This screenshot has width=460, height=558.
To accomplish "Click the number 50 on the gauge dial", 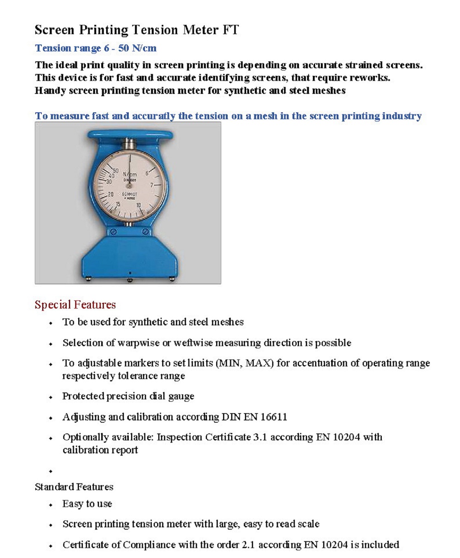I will (115, 171).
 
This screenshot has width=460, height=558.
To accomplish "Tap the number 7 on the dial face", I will (151, 185).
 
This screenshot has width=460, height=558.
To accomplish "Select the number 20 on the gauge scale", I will (110, 195).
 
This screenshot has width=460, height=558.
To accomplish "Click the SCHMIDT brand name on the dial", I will (130, 195).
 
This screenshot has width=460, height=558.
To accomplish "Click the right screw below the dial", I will (145, 231).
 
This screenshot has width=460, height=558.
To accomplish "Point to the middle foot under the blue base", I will (130, 280).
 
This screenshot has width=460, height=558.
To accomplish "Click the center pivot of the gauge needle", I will (129, 186).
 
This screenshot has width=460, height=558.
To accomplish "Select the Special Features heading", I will (75, 305).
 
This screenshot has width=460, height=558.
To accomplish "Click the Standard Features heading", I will (74, 487).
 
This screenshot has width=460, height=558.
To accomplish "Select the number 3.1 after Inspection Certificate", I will (260, 437).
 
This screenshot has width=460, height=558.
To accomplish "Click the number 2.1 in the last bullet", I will (249, 545).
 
